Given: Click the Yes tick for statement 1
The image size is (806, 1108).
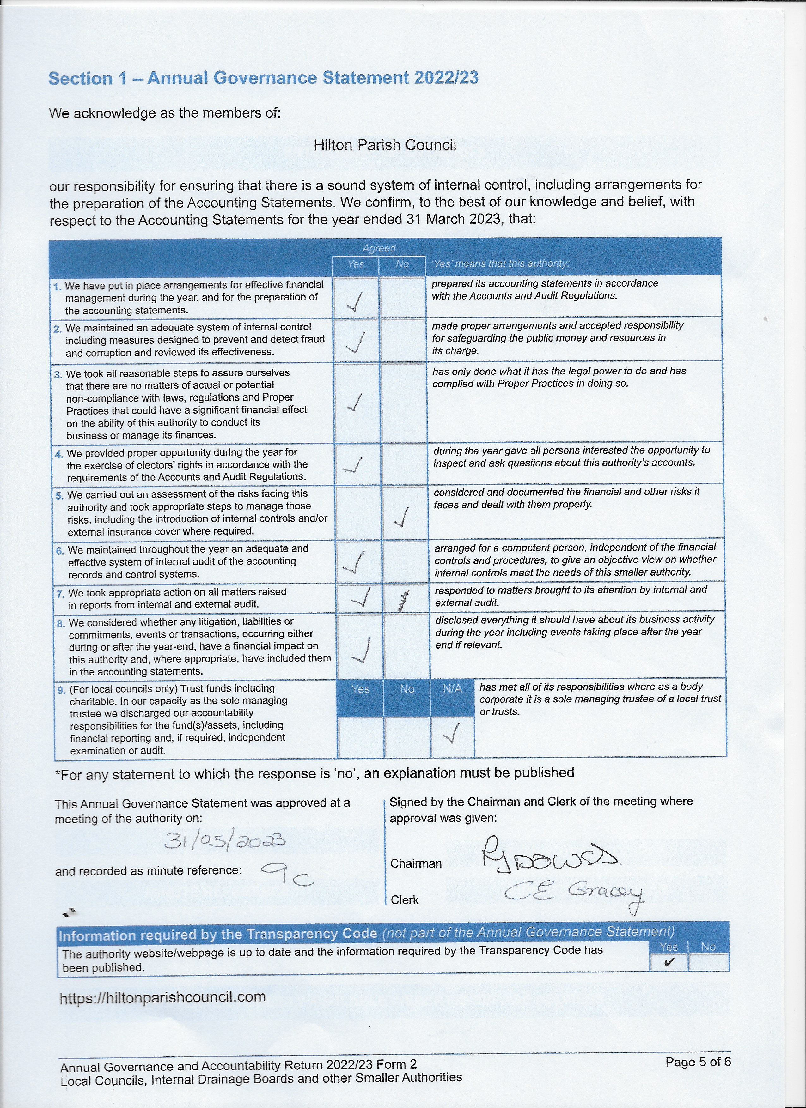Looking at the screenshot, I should point(355,301).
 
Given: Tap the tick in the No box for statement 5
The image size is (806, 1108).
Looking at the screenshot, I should point(402,517).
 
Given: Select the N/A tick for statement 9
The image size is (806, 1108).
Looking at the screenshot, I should point(452,733).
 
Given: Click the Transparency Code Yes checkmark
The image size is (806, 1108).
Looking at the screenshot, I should point(669,962).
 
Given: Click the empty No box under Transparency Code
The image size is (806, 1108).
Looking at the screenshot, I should point(708,962).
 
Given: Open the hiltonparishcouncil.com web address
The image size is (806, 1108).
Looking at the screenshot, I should point(163,997).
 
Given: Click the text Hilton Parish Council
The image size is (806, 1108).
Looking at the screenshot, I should point(385,145).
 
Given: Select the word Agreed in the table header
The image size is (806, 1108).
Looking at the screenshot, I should point(379,248).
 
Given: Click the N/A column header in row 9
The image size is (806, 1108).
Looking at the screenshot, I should point(452,689).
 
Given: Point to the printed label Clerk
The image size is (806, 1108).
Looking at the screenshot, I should point(405,900).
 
